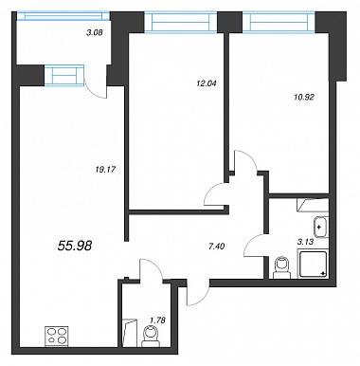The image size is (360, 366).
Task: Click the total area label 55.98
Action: [x=75, y=245]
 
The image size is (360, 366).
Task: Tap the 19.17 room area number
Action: [x=105, y=170]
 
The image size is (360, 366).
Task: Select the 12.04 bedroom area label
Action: [x=206, y=83]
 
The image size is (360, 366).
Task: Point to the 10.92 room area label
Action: [x=303, y=98]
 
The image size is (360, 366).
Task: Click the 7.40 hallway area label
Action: [x=217, y=246]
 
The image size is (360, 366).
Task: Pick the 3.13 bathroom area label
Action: [x=305, y=242]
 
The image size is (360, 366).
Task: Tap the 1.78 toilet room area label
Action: [x=157, y=320]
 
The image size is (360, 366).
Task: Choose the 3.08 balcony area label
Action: [x=95, y=32]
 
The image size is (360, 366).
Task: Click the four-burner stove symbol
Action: [x=57, y=336]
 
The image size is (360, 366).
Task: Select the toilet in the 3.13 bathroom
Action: [x=281, y=268]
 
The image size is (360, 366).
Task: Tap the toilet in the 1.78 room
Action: [x=151, y=337]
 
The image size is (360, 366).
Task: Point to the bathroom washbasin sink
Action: [x=320, y=227]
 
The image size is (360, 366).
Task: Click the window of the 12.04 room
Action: [x=181, y=22]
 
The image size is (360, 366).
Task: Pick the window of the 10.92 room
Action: [x=279, y=22]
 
